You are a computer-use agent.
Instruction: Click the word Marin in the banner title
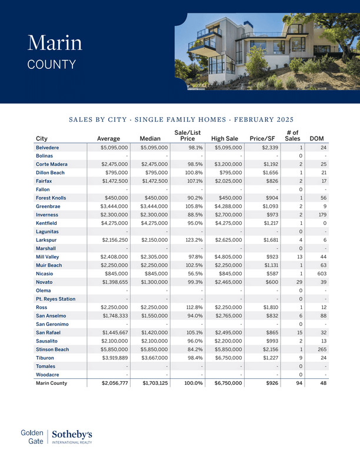(x=55, y=43)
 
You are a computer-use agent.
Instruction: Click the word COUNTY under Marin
(x=52, y=64)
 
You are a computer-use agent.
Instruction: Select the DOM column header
(x=317, y=138)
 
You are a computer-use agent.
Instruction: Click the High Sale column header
(x=224, y=138)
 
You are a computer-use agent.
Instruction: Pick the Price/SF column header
(x=262, y=138)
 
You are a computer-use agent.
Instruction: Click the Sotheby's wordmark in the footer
(x=73, y=434)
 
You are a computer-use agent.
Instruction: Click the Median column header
(x=150, y=138)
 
